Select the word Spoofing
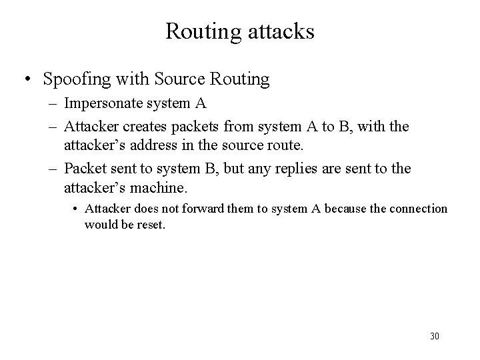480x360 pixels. click(73, 80)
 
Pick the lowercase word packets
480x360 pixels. click(197, 127)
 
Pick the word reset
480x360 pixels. click(150, 225)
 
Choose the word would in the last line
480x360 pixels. click(99, 225)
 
